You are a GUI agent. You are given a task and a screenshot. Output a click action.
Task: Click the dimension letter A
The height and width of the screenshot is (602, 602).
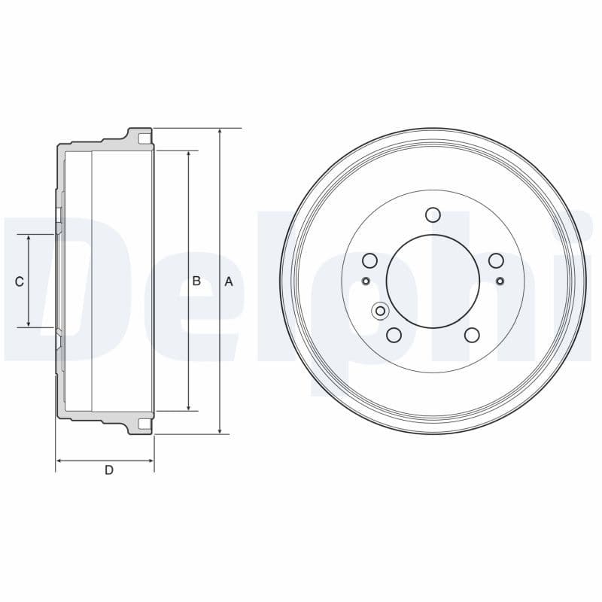point(229,281)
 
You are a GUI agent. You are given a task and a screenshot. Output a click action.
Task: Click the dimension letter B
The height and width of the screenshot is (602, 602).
point(196,281)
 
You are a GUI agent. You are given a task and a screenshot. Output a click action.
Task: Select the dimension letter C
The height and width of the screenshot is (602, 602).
point(20,281)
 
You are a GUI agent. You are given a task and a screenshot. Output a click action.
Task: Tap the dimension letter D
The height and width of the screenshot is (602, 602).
point(109,470)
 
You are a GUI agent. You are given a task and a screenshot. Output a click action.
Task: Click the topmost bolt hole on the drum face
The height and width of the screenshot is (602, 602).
point(433,215)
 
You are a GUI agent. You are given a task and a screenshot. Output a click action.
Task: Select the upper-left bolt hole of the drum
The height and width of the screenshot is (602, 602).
point(369,260)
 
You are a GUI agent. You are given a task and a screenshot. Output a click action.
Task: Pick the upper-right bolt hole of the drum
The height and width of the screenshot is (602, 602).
point(495,260)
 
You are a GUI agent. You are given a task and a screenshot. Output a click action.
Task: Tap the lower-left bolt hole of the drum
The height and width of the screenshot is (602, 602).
point(394,335)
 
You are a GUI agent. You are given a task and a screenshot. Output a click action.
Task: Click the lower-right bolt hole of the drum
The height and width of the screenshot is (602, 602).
point(472,335)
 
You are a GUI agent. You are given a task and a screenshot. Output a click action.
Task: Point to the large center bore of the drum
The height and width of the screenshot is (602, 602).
point(433,281)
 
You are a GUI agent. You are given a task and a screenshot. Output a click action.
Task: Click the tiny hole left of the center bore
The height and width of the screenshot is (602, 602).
point(366,281)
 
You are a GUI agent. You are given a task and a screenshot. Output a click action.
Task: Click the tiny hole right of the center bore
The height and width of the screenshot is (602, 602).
point(500,281)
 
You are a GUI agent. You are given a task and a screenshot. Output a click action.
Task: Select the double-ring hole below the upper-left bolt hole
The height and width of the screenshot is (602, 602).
point(381,311)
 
